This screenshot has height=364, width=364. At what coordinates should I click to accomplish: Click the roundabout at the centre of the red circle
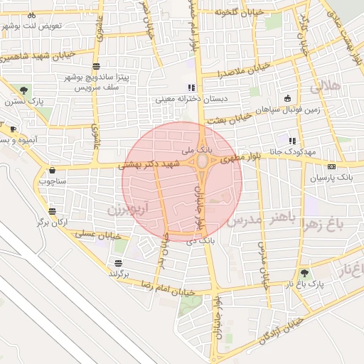pos(202,162)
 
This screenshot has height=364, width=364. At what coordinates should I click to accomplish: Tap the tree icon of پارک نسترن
pos(24,90)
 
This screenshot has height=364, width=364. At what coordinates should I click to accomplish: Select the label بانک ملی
pos(197,151)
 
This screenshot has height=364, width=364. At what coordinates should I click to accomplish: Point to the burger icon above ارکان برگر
pos(53,211)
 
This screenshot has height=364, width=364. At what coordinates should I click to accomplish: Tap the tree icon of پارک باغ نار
pos(305,272)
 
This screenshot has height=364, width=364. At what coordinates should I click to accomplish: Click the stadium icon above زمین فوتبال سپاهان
pos(287,98)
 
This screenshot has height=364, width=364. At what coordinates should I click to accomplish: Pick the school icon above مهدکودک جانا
pos(292,140)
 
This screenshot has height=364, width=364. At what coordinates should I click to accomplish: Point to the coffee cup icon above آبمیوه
pos(13,129)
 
